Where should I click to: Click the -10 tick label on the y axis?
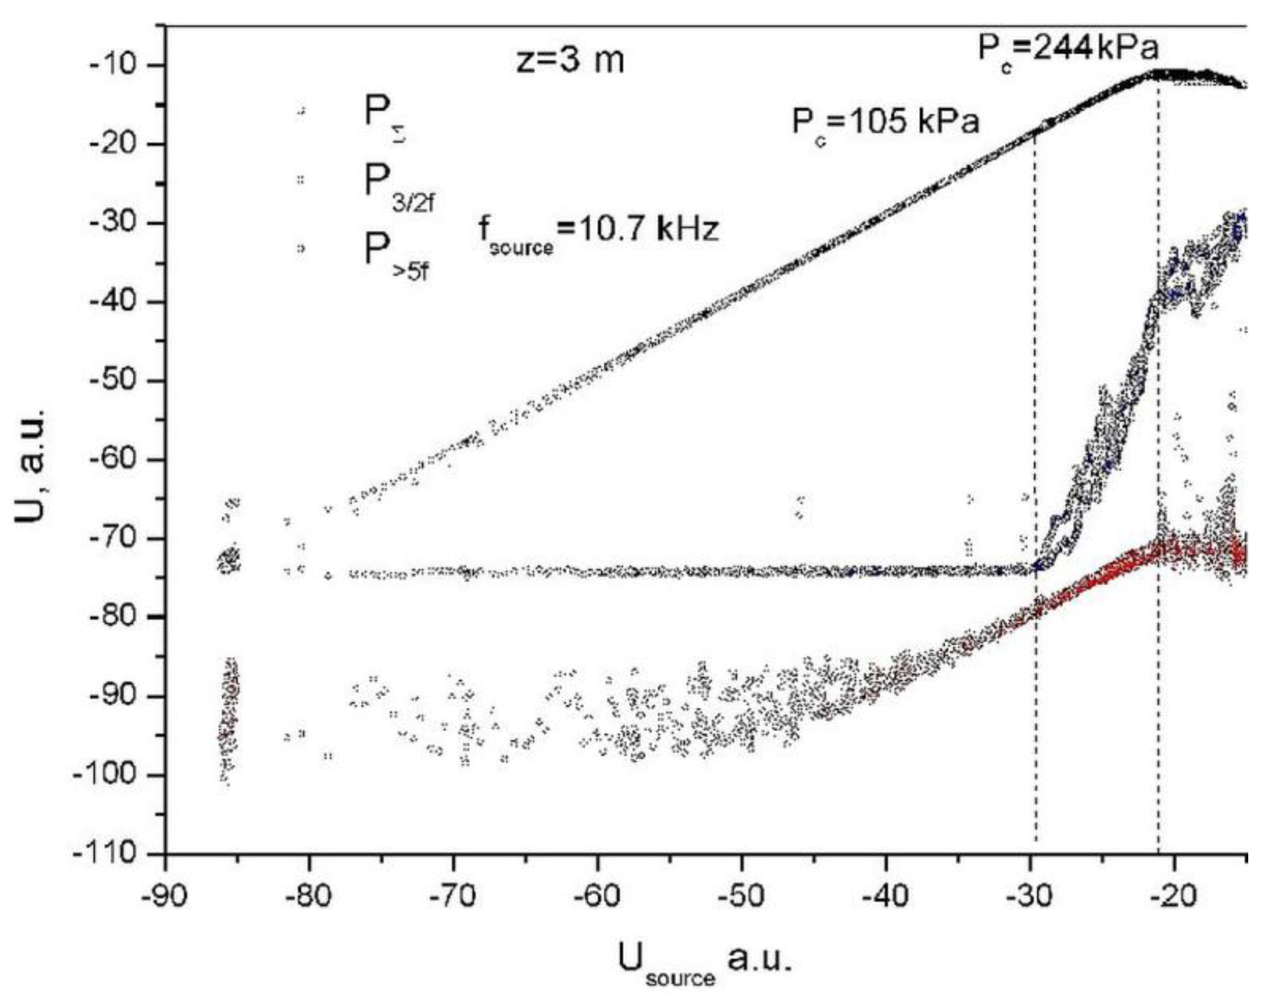pos(117,65)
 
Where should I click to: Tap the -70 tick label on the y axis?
pos(117,538)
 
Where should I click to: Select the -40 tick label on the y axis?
pos(117,301)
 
